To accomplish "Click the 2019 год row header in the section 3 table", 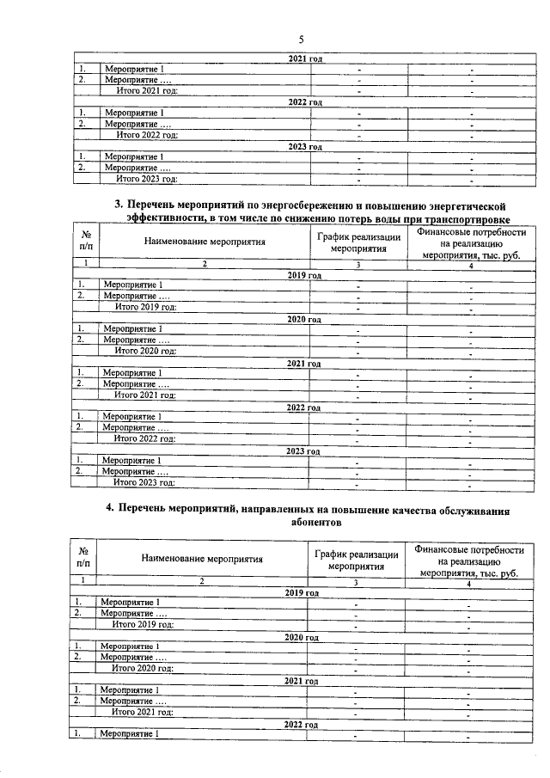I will pos(303,275).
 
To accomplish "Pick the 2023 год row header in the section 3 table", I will pos(303,451).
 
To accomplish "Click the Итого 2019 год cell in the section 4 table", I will pos(144,624).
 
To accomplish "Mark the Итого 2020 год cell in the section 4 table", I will pos(144,668).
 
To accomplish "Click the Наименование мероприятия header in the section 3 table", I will pos(205,242).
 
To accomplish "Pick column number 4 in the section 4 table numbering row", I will pos(468,583).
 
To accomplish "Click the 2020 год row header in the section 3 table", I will pos(303,319).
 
